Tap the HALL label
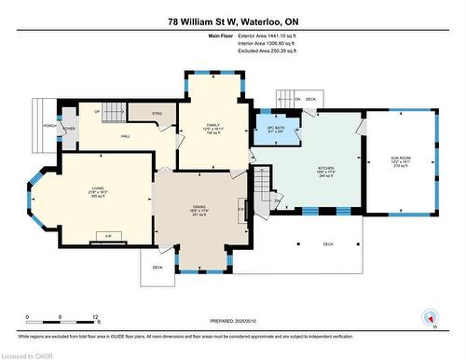[125, 136]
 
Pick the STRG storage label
[158, 114]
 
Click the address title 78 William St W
[233, 20]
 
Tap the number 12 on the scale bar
[96, 318]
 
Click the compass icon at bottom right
[431, 316]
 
